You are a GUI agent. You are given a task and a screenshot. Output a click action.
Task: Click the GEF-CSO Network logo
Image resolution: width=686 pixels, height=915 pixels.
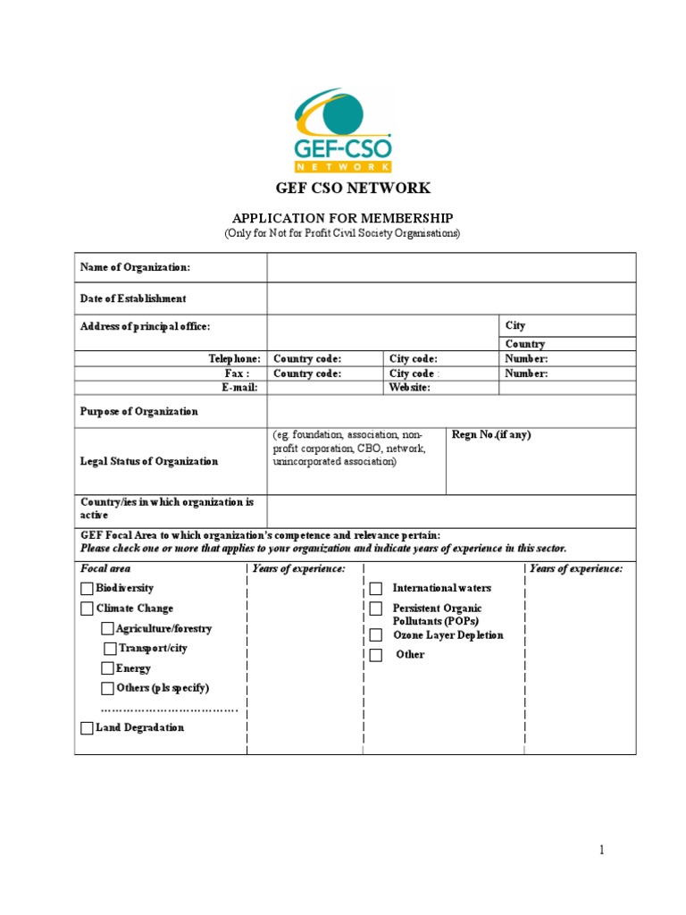[342, 130]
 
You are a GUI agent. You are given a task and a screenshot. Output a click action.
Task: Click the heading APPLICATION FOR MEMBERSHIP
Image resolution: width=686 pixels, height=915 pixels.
[342, 218]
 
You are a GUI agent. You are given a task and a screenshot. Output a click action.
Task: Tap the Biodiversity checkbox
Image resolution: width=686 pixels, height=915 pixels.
[87, 589]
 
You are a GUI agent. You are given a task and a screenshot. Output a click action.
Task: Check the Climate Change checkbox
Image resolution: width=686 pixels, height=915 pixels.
[87, 609]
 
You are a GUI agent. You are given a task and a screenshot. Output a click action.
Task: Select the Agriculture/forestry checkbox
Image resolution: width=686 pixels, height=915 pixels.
[107, 629]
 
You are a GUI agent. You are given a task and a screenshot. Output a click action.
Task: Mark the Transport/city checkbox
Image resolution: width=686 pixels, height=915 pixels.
[110, 649]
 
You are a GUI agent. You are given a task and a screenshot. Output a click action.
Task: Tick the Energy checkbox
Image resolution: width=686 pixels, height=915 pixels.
[107, 668]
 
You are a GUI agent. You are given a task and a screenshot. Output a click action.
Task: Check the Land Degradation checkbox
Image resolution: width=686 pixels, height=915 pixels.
[87, 728]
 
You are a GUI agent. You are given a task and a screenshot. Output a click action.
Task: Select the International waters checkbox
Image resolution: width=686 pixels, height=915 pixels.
[376, 589]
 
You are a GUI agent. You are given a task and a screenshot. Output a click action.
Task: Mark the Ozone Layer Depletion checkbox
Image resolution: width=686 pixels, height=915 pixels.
[376, 635]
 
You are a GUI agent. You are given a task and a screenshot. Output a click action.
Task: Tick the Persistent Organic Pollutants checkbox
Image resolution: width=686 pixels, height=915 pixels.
[376, 609]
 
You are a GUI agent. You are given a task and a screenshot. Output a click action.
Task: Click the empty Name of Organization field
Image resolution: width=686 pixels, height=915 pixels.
[451, 267]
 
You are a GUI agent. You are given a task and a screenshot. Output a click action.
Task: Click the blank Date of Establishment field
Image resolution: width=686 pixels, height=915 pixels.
[451, 298]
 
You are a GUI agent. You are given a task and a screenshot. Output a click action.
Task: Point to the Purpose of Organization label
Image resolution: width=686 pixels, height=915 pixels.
[139, 412]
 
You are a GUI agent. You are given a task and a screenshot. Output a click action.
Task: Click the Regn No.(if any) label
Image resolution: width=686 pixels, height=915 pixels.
[491, 435]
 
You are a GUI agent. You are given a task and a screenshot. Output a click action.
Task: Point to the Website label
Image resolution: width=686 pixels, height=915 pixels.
[410, 388]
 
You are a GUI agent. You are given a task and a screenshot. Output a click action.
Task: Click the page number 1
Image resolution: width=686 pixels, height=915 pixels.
[602, 850]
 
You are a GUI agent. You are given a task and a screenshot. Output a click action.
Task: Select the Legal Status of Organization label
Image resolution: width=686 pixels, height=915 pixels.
[149, 462]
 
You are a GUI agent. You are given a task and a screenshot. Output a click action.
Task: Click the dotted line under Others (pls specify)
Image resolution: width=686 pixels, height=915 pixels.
[170, 709]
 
